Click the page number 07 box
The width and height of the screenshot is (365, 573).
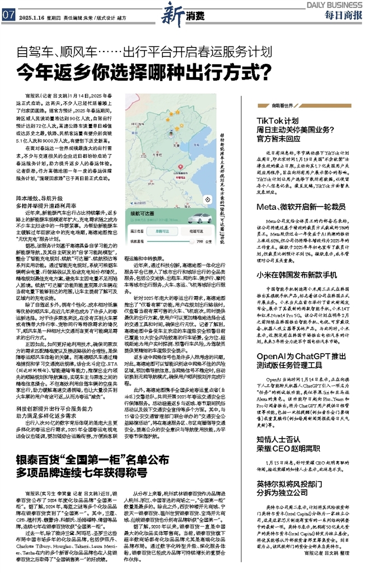pyautogui.click(x=8, y=15)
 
